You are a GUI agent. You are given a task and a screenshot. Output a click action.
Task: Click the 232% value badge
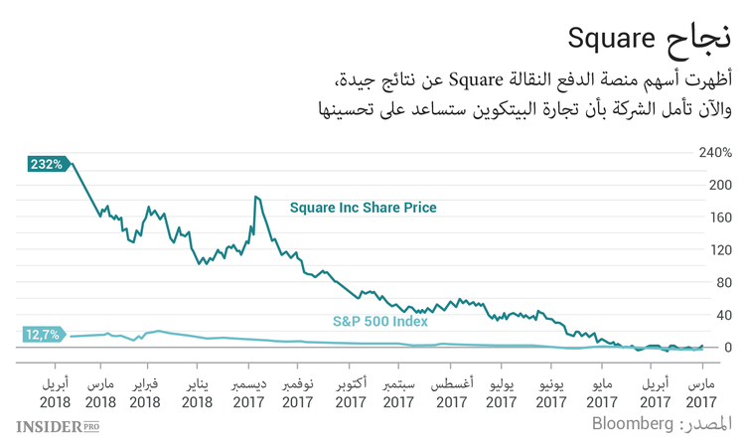[x=47, y=164]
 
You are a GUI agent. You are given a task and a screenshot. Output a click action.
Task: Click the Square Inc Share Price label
[x=363, y=208]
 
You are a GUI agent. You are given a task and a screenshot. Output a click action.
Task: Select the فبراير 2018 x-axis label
[x=145, y=392]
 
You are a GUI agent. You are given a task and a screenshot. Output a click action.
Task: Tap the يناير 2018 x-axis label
[x=197, y=392]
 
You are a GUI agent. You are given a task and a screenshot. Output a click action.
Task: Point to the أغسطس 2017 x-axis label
[x=452, y=392]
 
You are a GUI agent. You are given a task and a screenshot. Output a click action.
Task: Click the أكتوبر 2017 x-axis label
[x=351, y=392]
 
